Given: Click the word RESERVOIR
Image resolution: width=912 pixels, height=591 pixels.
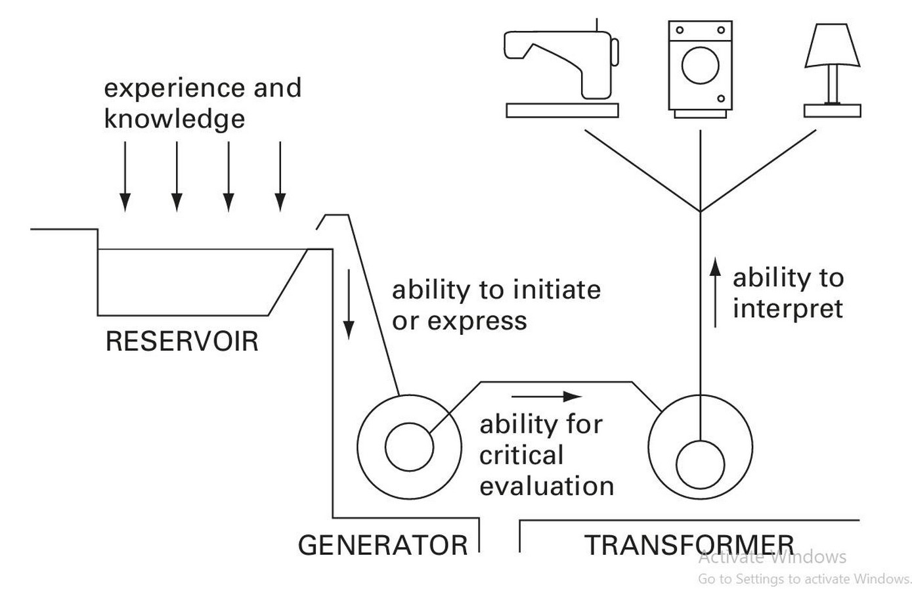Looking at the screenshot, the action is point(182,341).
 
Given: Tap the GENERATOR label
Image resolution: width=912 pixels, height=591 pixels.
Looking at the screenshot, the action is point(383,545).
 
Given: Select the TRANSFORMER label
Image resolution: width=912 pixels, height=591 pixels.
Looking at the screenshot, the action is point(689,545).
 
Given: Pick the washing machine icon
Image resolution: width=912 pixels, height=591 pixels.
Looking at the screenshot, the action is point(701,70).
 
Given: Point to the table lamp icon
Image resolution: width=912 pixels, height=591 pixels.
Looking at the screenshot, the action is point(833,70).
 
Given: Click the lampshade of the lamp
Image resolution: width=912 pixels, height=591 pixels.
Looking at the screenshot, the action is point(833,45).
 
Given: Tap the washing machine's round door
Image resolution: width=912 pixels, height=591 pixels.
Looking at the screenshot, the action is point(701,65).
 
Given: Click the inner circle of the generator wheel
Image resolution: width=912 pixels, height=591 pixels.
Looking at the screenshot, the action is point(409,447).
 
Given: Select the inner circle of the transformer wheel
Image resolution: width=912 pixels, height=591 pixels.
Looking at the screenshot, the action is point(701,464).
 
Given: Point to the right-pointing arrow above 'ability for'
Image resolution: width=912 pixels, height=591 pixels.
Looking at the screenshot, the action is point(547,396).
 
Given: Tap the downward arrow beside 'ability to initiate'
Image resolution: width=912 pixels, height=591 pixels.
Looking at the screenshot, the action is point(349,304).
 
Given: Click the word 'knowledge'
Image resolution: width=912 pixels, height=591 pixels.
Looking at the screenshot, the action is point(175,119).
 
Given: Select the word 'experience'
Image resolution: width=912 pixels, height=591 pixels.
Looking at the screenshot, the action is point(174,88).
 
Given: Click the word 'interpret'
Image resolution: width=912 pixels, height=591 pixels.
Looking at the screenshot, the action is point(788,309).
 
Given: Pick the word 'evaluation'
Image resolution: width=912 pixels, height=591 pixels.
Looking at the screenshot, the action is point(547,486).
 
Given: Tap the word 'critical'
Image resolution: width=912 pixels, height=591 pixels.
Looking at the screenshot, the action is point(521,455).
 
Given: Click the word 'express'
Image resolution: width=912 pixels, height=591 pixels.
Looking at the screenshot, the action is point(477,322).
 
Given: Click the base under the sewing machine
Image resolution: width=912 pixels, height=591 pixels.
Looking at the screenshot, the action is point(562,110).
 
